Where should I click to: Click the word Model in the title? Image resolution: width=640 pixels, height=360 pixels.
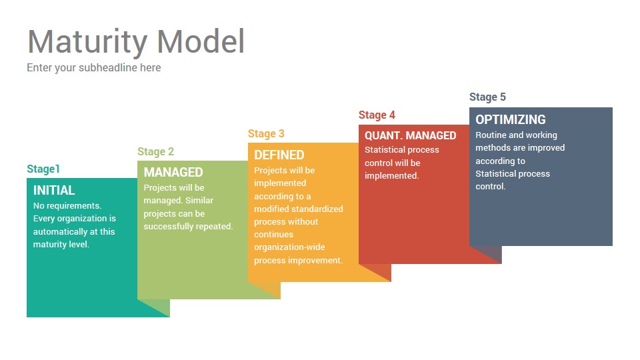(201, 41)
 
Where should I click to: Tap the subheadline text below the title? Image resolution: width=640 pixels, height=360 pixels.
(94, 68)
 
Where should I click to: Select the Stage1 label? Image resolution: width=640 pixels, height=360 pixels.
(43, 169)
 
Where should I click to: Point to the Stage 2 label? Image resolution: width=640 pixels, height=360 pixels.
(155, 152)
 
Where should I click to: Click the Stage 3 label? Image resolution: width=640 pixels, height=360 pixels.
(266, 134)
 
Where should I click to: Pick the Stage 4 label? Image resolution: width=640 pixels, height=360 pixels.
(377, 115)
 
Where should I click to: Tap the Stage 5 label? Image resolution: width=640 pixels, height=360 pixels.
(487, 97)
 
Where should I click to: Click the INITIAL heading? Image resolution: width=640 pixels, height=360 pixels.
(54, 190)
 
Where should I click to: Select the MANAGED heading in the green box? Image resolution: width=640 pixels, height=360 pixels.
(173, 172)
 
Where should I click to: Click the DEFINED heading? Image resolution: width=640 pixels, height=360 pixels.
(279, 155)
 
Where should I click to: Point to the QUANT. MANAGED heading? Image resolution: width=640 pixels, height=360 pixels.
(410, 135)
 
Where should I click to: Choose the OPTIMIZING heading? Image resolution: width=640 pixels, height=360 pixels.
(511, 119)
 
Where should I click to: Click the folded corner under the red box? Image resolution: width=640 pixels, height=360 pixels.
(375, 273)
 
